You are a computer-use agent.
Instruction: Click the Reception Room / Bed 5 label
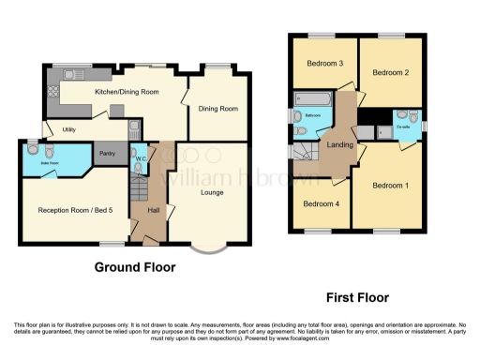[x=68, y=210]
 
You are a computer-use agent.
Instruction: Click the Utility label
[x=68, y=129]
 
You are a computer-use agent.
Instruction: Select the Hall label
[x=153, y=209]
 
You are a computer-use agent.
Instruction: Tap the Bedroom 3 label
[x=323, y=64]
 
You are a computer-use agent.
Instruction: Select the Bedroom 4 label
[x=320, y=202]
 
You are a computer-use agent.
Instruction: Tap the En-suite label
[x=405, y=124]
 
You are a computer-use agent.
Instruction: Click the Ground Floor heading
[x=135, y=267]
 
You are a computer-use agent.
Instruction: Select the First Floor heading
[x=357, y=297]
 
